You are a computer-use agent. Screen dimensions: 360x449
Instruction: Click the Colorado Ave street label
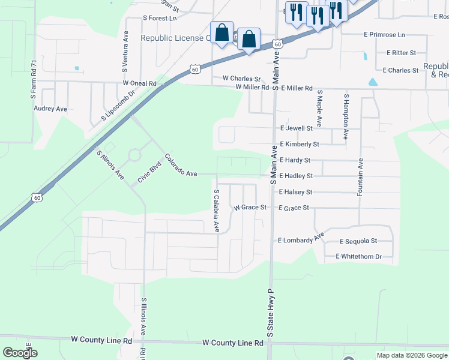tap(181, 166)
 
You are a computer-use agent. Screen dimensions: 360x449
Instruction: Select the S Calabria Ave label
tap(217, 211)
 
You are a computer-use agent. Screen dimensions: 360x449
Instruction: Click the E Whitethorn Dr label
tap(358, 257)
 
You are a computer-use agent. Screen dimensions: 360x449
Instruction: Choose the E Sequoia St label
tap(358, 241)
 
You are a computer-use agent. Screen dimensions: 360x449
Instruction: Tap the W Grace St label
tap(250, 208)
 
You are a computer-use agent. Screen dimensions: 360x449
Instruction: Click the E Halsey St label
tap(296, 192)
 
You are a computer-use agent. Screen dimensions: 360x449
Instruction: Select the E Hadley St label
tap(296, 176)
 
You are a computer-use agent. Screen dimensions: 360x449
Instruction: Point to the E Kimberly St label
tap(299, 145)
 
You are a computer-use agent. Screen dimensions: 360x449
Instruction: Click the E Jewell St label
tap(296, 128)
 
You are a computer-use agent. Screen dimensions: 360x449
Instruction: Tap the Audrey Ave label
tap(50, 109)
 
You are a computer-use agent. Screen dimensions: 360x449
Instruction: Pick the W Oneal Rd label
tap(139, 83)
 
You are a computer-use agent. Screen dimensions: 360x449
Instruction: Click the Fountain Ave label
tap(360, 177)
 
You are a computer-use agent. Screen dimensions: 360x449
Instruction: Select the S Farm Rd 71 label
tap(34, 79)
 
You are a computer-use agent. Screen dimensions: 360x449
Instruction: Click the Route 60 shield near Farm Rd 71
tap(37, 197)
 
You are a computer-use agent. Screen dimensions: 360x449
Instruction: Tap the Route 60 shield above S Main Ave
tap(276, 44)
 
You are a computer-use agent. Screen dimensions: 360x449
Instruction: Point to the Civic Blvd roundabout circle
tap(134, 155)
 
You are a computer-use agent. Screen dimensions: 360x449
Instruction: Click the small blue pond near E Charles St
tap(373, 82)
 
